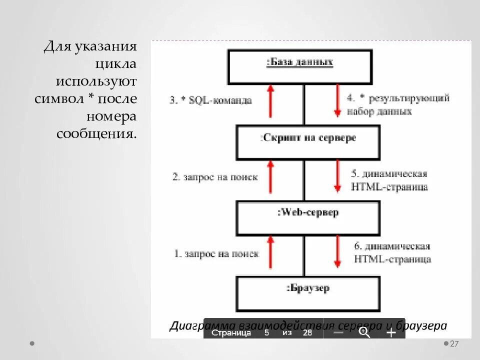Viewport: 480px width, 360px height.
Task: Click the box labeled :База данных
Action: [299, 66]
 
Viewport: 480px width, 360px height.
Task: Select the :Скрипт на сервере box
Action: [307, 141]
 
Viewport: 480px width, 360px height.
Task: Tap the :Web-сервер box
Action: [307, 217]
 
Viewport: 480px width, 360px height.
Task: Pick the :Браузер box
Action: [307, 293]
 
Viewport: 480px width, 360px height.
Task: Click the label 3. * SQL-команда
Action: [210, 100]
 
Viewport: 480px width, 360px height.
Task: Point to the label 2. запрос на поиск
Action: [215, 176]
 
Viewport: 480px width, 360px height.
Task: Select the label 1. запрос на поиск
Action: [216, 253]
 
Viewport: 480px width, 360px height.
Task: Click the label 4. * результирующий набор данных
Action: [398, 104]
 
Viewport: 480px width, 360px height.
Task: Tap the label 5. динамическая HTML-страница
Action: [389, 180]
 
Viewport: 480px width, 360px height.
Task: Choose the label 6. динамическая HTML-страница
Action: [392, 252]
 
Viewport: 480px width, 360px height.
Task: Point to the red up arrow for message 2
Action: [270, 177]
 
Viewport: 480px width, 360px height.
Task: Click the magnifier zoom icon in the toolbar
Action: [364, 332]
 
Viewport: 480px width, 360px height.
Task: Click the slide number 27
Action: [454, 344]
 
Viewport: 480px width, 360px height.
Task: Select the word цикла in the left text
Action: [115, 64]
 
